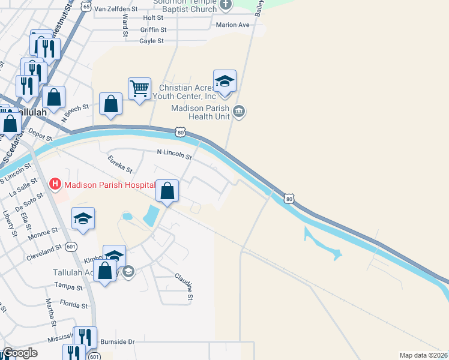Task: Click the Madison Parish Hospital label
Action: (110, 185)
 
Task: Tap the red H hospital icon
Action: (55, 184)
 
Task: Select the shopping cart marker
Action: (139, 89)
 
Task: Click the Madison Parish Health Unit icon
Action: (240, 112)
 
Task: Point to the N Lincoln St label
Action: (173, 156)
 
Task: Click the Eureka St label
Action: (119, 165)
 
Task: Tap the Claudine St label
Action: (184, 286)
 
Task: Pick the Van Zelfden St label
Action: (116, 9)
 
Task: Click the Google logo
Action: (19, 353)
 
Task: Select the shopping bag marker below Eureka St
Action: (167, 191)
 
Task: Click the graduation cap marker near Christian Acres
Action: (224, 81)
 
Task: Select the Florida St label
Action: (76, 305)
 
